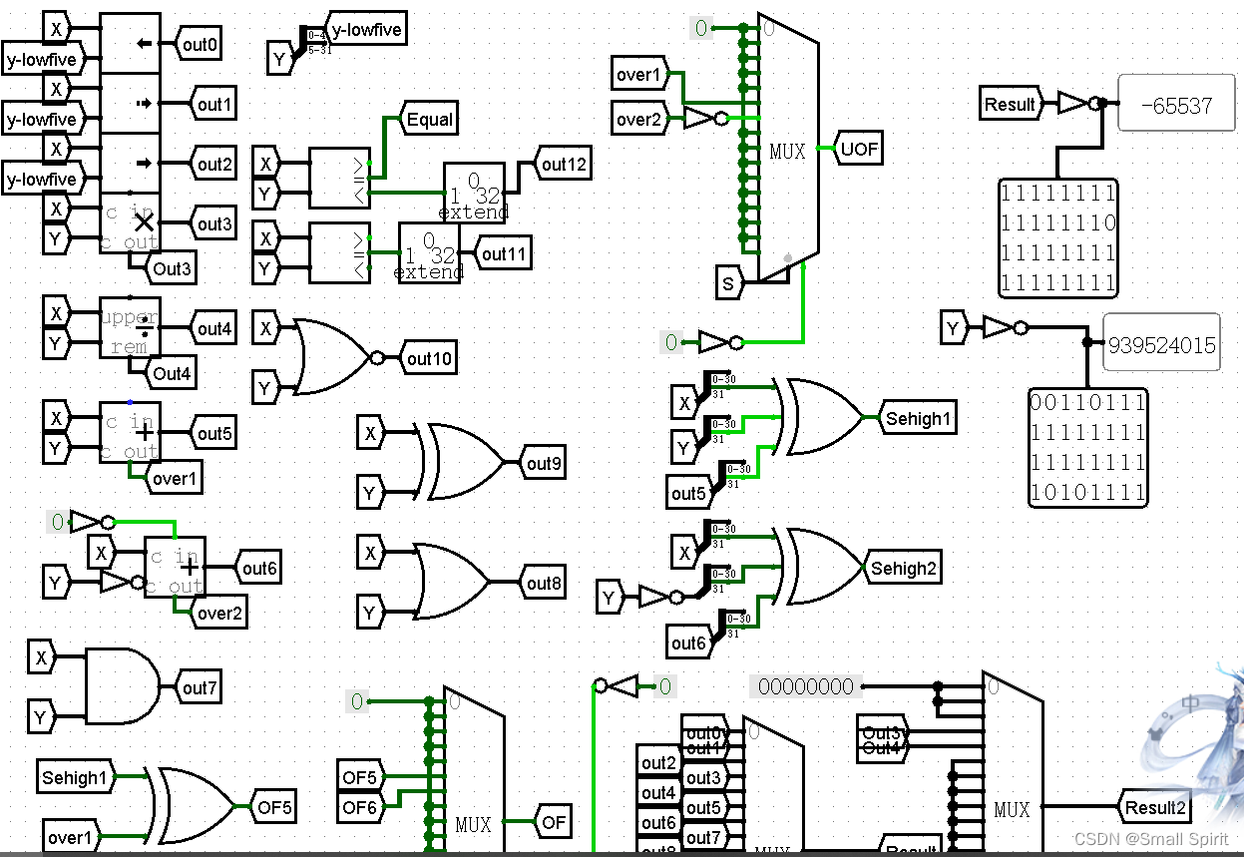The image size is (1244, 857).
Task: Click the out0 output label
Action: click(x=200, y=44)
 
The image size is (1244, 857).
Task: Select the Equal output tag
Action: click(x=429, y=120)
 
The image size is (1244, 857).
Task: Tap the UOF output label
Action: click(x=859, y=149)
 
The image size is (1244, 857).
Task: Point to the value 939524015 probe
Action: click(x=1161, y=345)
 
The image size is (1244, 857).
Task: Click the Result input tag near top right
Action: click(x=1010, y=104)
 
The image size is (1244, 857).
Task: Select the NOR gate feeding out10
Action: click(x=329, y=357)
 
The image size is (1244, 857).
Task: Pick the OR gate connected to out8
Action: click(x=449, y=583)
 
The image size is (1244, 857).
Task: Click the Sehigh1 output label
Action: click(x=917, y=418)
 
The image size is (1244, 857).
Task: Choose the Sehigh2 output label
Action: click(x=904, y=568)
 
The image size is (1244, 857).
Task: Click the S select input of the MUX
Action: click(x=728, y=284)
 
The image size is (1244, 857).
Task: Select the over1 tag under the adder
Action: click(x=174, y=479)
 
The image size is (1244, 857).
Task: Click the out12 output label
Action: click(x=564, y=164)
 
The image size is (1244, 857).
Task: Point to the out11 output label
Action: click(x=503, y=253)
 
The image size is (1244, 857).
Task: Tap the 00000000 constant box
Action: click(x=806, y=686)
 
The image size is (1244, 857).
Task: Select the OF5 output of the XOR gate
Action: click(x=274, y=807)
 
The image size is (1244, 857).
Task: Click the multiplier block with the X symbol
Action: click(x=131, y=222)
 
